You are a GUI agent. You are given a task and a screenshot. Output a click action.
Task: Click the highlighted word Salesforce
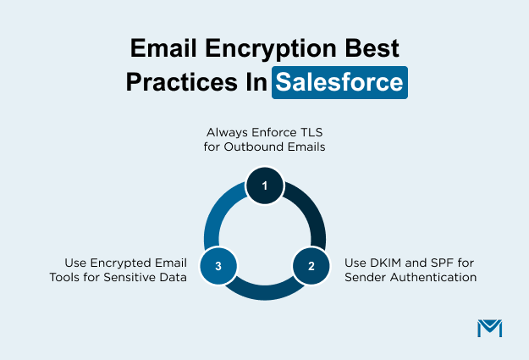click(x=339, y=84)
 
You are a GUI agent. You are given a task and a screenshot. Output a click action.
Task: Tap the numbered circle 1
click(x=264, y=186)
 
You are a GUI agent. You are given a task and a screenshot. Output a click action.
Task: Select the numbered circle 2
click(x=311, y=265)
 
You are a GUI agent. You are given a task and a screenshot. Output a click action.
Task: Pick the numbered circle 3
click(x=218, y=265)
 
